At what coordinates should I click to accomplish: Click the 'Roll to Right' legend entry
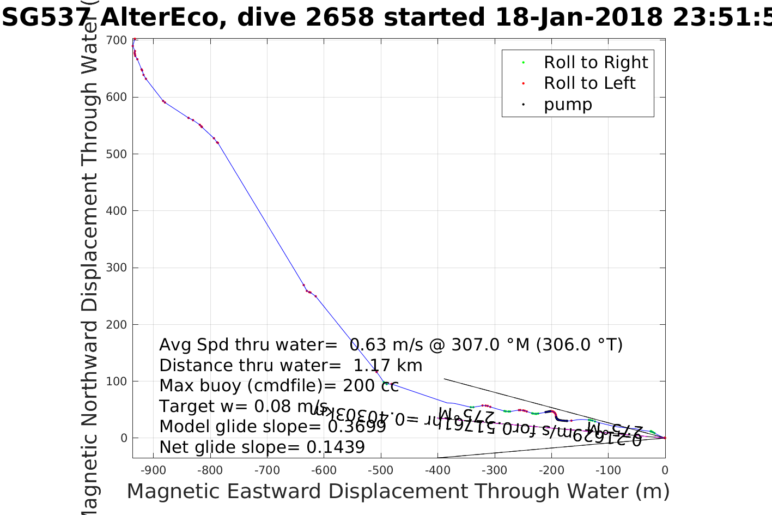coord(595,63)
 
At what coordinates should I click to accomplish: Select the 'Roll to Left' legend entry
coord(589,83)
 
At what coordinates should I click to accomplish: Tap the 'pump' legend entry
coord(567,104)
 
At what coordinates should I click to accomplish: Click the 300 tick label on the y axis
coord(117,268)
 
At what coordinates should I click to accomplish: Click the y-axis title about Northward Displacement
coord(89,262)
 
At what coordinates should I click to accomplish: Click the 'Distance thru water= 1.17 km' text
coord(290,366)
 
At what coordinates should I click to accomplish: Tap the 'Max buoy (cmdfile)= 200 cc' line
coord(276,386)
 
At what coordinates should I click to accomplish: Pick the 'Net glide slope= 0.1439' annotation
coord(262,447)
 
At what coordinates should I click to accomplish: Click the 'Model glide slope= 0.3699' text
coord(272,427)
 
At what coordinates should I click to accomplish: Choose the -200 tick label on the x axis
coord(551,470)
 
